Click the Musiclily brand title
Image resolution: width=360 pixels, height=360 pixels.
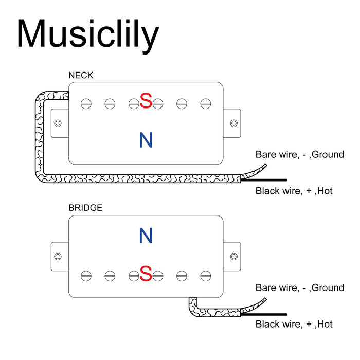point(87,35)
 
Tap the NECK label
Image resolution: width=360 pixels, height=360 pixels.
point(81,76)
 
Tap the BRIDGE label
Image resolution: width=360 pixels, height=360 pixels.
point(85,208)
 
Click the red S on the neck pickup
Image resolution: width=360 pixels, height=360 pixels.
point(146,101)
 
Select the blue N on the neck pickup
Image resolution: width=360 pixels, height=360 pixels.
point(146,140)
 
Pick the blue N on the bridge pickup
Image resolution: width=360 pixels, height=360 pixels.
point(146,236)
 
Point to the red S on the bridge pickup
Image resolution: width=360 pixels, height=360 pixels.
point(146,274)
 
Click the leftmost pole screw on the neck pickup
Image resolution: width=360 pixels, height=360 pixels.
point(86,104)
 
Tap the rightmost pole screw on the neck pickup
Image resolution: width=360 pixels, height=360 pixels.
point(206,104)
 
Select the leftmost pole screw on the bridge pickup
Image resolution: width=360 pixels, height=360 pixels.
point(86,276)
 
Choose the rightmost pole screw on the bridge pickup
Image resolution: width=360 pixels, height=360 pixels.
point(206,276)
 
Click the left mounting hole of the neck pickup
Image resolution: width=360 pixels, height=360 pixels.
point(58,123)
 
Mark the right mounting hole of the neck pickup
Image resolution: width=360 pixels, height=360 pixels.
point(234,123)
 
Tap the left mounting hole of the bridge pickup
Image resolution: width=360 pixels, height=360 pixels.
point(58,256)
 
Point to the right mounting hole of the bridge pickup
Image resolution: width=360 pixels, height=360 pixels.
point(234,256)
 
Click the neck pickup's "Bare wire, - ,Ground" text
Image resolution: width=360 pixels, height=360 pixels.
point(300,154)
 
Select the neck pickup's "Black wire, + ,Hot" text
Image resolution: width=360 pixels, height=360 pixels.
point(294,191)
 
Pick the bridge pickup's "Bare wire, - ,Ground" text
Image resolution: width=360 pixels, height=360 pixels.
point(300,288)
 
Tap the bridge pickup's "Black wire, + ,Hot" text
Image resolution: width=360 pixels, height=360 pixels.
point(294,324)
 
